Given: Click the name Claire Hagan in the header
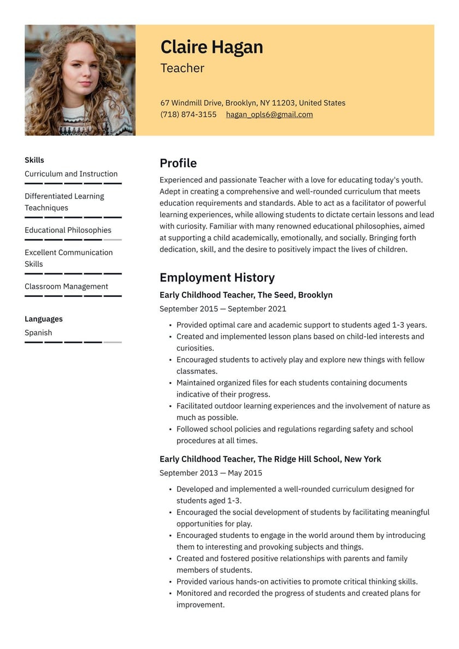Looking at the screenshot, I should coord(211,47).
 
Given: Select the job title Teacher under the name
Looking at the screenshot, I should coord(182,68).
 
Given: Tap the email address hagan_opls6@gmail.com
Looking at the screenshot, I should coord(269,115).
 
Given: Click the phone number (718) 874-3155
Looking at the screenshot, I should coord(188,115).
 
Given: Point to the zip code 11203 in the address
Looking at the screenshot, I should coord(283,103).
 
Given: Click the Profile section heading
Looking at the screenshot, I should coord(178,163).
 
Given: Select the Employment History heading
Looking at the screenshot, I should coord(217,278).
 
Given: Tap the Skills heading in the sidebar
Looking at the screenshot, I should coord(34,160).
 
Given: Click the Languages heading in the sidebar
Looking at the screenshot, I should coord(43,319).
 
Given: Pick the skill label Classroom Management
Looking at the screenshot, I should coord(66,287).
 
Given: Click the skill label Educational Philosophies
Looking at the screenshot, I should coord(68,230).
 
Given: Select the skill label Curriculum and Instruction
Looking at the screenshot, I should coord(71,174).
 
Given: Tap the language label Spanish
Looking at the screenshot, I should coord(38,333).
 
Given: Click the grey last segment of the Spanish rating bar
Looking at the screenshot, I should coord(113,342).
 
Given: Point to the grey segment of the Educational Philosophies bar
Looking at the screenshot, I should coord(113,240).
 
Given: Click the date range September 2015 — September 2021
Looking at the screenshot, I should coord(222,309).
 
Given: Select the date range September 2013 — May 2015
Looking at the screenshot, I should coord(210,473).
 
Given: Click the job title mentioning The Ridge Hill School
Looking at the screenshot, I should coord(270,459).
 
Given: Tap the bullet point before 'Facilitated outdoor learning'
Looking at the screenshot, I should coord(170,406).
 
